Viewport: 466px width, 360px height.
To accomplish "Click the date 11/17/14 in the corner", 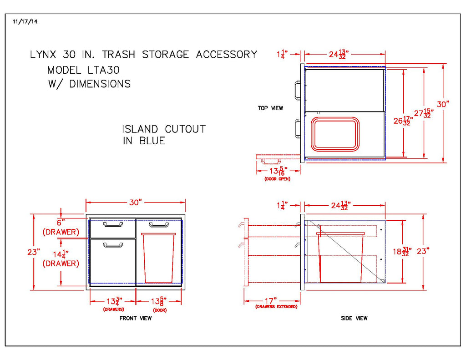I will [x=25, y=21].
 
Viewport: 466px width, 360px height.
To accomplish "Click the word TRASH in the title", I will [x=118, y=55].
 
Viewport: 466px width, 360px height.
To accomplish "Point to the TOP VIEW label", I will [x=270, y=108].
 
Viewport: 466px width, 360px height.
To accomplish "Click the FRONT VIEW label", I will [x=136, y=318].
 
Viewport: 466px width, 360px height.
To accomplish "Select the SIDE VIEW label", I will [x=354, y=318].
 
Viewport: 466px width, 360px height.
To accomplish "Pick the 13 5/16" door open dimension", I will [x=277, y=171].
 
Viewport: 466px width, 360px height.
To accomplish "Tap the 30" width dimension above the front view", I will [x=135, y=203].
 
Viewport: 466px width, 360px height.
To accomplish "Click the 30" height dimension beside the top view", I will [x=443, y=104].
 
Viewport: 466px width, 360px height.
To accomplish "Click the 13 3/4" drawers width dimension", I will [x=112, y=301].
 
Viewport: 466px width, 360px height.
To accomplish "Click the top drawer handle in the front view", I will [x=112, y=224].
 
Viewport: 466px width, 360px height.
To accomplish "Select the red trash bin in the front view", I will [x=158, y=258].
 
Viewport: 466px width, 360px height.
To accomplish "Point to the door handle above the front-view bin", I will [x=158, y=224].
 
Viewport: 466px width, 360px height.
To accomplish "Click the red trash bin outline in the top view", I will [x=335, y=134].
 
